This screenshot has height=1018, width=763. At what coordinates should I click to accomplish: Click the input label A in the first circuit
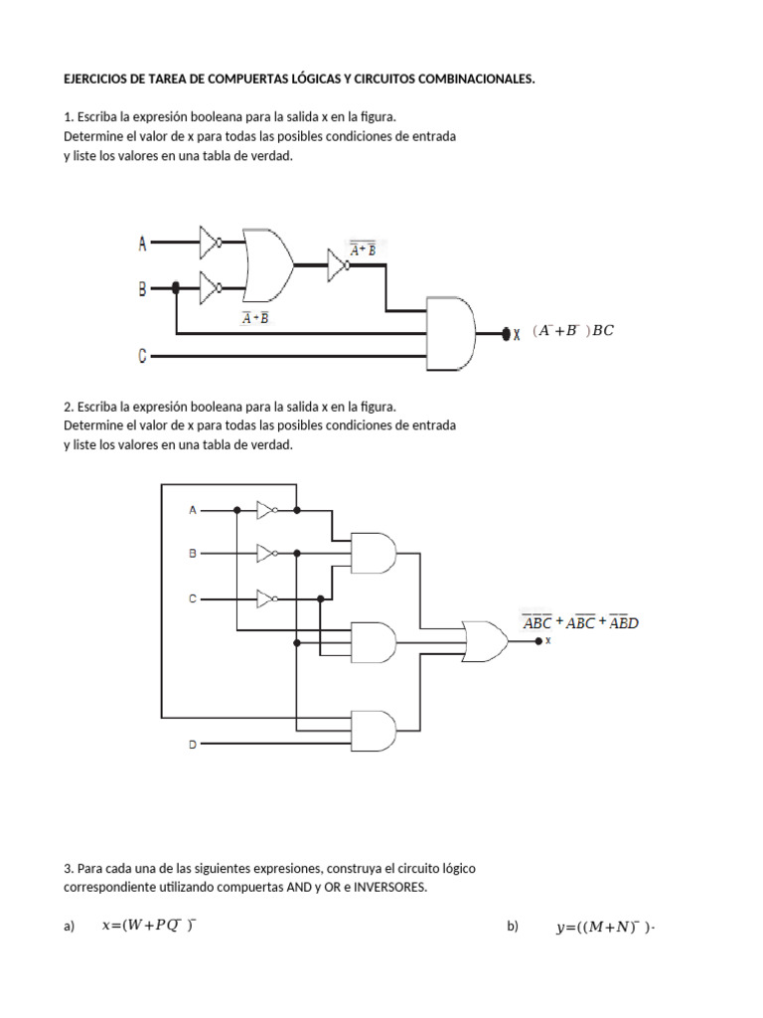click(142, 242)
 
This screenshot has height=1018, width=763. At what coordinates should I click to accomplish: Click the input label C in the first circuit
click(142, 355)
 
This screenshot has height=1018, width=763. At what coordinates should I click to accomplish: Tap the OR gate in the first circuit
click(267, 265)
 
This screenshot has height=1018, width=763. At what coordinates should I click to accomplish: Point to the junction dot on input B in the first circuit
click(177, 288)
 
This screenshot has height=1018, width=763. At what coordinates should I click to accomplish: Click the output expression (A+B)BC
click(572, 331)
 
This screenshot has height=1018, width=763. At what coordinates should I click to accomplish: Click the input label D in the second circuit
click(193, 745)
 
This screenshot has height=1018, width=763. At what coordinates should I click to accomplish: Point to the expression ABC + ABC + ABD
click(580, 623)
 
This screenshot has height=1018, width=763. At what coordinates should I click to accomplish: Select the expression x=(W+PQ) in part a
click(149, 926)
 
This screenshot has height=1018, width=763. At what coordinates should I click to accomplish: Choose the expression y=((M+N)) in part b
click(607, 928)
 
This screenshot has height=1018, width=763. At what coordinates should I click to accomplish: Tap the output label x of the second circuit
click(548, 641)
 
